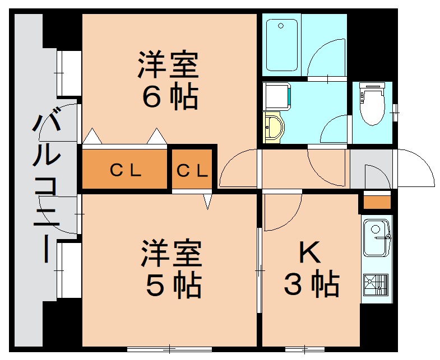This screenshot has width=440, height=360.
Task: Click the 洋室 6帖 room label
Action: tap(169, 80)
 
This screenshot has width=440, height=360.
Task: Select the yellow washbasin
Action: tap(274, 128)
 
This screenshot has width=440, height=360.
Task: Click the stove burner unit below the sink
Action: tap(376, 284)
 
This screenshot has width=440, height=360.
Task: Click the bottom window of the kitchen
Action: tap(305, 349)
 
